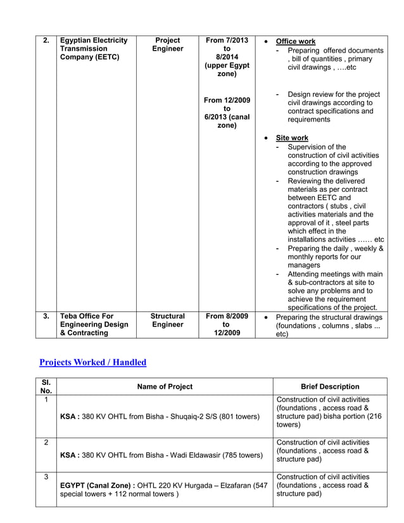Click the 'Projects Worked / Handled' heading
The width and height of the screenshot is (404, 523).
click(x=92, y=363)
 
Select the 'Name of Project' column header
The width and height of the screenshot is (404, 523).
click(x=165, y=386)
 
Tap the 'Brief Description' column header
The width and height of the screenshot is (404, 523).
click(x=329, y=386)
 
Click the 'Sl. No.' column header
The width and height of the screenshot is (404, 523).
click(x=46, y=386)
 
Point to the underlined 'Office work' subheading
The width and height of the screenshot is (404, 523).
click(x=296, y=41)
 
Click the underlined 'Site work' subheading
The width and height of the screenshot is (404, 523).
click(x=292, y=137)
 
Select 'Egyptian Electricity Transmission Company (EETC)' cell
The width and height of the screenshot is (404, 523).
click(x=94, y=49)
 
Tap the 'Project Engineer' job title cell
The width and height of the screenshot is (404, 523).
click(x=167, y=44)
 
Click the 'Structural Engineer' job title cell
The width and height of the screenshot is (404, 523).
click(x=167, y=320)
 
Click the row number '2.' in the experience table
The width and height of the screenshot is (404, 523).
click(x=46, y=41)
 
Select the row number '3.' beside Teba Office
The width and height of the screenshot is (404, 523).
click(x=46, y=316)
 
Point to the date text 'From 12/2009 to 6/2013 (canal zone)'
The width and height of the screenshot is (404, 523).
click(x=227, y=113)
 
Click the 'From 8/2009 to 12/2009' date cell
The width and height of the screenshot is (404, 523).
click(x=227, y=324)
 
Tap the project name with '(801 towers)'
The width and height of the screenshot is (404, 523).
click(x=160, y=417)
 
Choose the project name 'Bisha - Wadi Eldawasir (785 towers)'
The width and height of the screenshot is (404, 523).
click(x=161, y=455)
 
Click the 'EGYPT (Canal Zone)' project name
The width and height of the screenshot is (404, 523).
click(x=163, y=489)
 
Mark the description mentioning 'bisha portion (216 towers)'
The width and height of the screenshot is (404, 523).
click(x=329, y=412)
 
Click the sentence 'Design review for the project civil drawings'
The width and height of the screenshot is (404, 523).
click(x=330, y=107)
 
